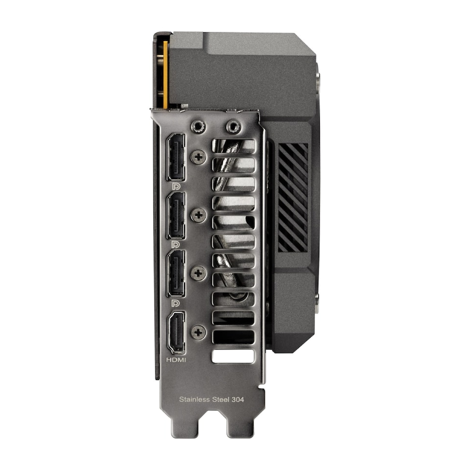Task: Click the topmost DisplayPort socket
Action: [x=176, y=158]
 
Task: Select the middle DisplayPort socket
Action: [x=176, y=215]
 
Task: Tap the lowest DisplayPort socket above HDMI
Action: [x=176, y=273]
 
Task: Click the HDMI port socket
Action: [x=176, y=332]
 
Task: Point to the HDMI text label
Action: [x=176, y=359]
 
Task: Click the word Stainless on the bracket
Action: [x=195, y=399]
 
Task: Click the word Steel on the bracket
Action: [x=221, y=399]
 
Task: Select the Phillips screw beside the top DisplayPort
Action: [x=198, y=157]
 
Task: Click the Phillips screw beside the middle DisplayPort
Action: [x=198, y=215]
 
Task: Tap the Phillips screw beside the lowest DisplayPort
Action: [x=198, y=273]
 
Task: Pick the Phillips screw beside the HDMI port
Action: [x=198, y=332]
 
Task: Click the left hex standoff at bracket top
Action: [x=198, y=127]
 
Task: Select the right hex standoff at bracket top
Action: [x=233, y=127]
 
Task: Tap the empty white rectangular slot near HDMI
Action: [x=233, y=356]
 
